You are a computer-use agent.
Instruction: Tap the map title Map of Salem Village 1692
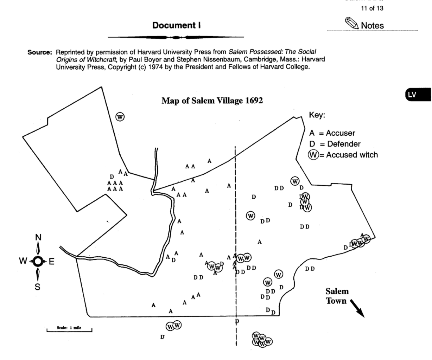tap(212, 101)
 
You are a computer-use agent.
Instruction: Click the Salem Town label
tap(337, 296)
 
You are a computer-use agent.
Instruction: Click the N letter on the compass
tap(38, 237)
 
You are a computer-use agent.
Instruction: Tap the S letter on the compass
tap(37, 287)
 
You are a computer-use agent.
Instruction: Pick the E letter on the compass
tap(51, 261)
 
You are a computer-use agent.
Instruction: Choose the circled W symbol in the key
tap(313, 155)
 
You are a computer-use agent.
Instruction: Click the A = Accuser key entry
tap(332, 133)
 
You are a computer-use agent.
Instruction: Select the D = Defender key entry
tap(335, 144)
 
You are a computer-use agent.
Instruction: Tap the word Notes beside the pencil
tap(372, 25)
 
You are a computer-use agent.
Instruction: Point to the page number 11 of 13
tap(372, 9)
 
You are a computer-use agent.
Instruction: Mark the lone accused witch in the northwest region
tap(120, 117)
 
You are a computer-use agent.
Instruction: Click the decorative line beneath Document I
tap(176, 37)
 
